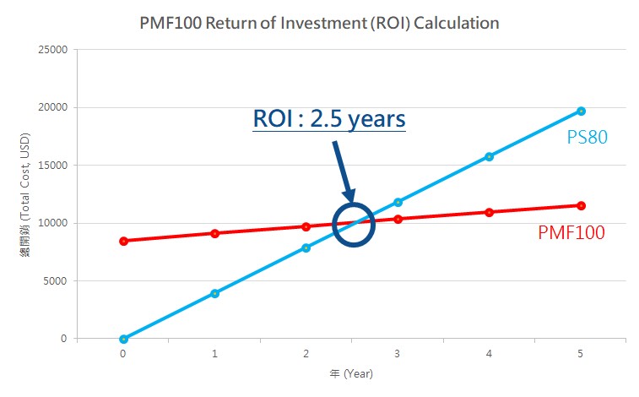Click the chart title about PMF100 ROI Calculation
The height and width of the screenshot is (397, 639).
[320, 23]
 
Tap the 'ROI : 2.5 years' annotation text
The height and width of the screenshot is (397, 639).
[329, 118]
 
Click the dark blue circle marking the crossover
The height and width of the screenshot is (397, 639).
[352, 224]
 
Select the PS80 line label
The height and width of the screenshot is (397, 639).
[587, 137]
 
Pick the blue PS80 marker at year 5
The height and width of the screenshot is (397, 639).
[581, 111]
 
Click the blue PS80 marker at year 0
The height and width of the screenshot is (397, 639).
[123, 339]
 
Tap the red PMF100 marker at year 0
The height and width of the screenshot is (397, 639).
[123, 241]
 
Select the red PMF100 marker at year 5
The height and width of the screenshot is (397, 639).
[581, 205]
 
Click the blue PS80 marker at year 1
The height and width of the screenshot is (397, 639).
[214, 293]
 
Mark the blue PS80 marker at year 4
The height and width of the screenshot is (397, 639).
[490, 156]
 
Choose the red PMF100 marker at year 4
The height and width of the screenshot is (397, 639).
[490, 212]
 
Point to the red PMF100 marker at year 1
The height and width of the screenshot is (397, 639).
[214, 233]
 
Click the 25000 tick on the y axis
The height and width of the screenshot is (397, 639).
[53, 50]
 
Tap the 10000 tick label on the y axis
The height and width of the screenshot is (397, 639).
[53, 223]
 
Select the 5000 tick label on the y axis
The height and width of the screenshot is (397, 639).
[56, 281]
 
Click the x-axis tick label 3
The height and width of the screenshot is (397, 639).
[398, 355]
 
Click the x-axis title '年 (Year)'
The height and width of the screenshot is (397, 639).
[351, 373]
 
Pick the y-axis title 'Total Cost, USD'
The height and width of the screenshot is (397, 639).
[25, 194]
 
